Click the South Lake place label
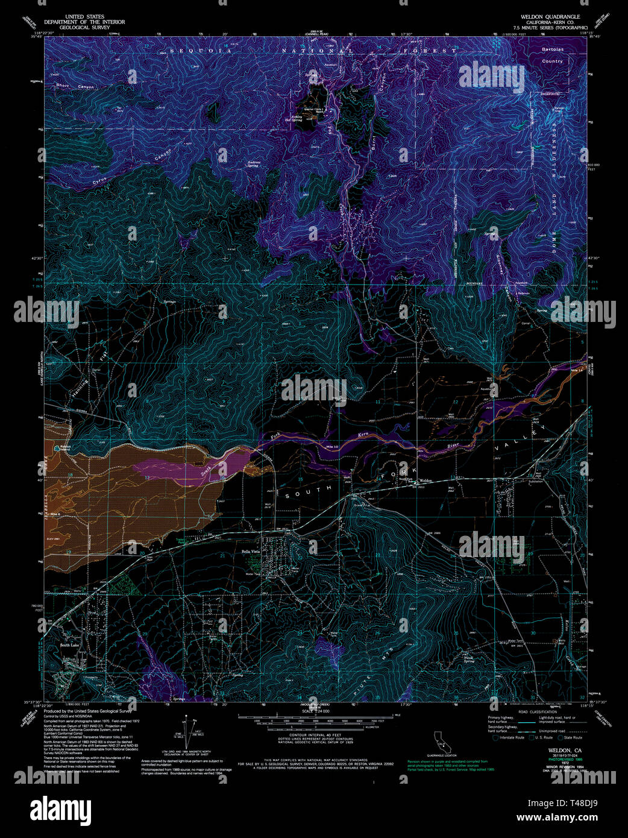(x=69, y=646)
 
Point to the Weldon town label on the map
(x=426, y=480)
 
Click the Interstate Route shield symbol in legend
(x=496, y=737)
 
